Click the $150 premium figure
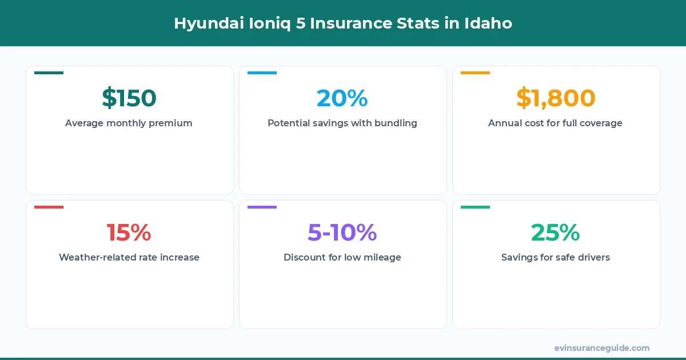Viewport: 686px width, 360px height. click(x=129, y=98)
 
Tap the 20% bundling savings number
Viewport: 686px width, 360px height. click(x=342, y=98)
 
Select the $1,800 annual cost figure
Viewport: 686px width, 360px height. click(x=556, y=98)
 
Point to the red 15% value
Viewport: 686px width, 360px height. click(x=129, y=233)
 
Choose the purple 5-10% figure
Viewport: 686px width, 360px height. click(x=342, y=233)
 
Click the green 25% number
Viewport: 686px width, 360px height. click(x=556, y=233)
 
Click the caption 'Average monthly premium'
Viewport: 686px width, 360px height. click(x=129, y=123)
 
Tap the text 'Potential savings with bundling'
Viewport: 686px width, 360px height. click(x=342, y=123)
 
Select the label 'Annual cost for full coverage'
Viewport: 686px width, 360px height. click(x=555, y=123)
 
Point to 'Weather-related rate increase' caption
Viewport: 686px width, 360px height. click(x=129, y=257)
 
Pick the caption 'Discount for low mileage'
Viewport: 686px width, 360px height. click(x=342, y=257)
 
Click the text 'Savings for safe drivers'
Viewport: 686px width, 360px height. click(x=556, y=257)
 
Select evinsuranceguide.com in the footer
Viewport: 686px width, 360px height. click(x=602, y=348)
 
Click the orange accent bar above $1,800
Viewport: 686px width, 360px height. click(x=475, y=73)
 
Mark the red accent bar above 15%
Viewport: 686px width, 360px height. click(x=49, y=207)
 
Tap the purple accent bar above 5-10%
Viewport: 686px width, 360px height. click(x=262, y=207)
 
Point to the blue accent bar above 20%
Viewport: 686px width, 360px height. click(x=262, y=73)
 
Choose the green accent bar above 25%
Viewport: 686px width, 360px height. click(x=475, y=207)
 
